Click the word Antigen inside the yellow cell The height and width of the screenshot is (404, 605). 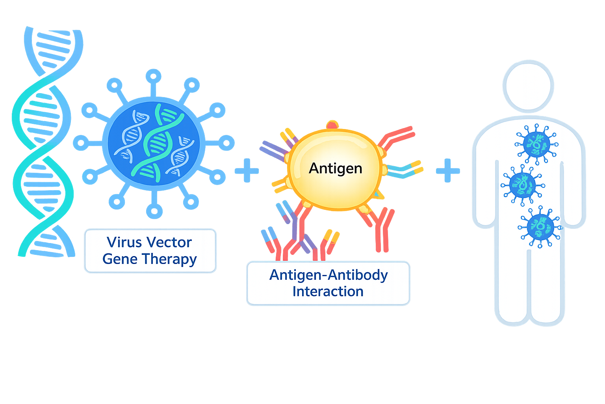pos(335,168)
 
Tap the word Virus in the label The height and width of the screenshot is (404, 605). pos(122,242)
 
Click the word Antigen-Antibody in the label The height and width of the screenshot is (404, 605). pos(328,275)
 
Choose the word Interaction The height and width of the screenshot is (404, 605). pos(328,291)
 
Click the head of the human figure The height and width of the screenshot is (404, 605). pos(528,86)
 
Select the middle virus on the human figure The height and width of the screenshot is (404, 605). pos(522,185)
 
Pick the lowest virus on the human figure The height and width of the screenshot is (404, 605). pos(540,227)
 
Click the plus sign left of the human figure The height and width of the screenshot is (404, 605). pos(448,170)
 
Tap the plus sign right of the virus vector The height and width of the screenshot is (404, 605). pos(247,170)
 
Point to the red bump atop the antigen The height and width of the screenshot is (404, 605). pos(332,125)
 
